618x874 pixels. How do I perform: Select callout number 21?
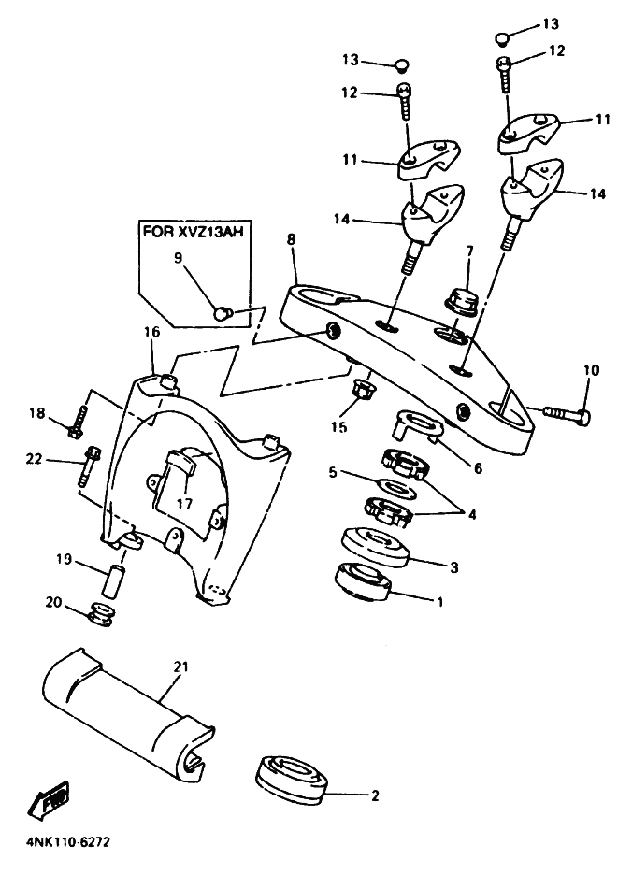point(182,666)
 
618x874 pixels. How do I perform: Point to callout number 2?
point(375,796)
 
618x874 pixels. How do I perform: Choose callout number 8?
point(292,239)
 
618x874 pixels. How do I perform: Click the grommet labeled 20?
point(100,614)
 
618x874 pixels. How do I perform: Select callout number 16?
point(152,331)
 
